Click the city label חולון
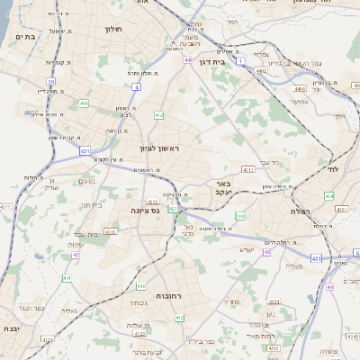click(113, 30)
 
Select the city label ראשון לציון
click(159, 148)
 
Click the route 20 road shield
click(50, 81)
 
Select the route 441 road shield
click(85, 104)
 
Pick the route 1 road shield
click(240, 61)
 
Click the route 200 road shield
click(240, 217)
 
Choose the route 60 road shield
click(266, 252)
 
